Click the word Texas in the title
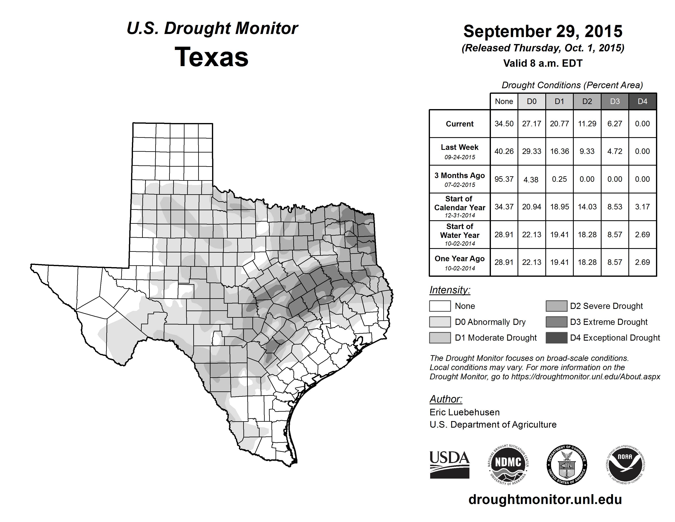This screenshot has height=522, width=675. (x=211, y=57)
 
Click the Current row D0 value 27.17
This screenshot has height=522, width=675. (x=532, y=124)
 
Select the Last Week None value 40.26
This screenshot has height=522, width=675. (x=504, y=151)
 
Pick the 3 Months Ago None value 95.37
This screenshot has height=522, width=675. (x=504, y=179)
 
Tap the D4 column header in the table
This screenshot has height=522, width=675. (x=642, y=101)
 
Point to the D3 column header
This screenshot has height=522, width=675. (x=615, y=101)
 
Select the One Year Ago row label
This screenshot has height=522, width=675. (x=460, y=262)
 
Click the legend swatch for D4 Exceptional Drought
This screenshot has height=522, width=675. (x=556, y=338)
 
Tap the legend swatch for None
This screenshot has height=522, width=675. (x=440, y=306)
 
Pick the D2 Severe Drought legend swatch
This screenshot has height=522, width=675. (x=556, y=306)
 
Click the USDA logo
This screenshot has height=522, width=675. (x=449, y=464)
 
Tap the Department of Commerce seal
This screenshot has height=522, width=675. (x=567, y=464)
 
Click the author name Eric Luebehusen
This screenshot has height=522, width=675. (x=465, y=412)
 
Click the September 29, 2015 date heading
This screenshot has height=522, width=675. (x=543, y=31)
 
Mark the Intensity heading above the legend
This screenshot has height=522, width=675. (x=450, y=290)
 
